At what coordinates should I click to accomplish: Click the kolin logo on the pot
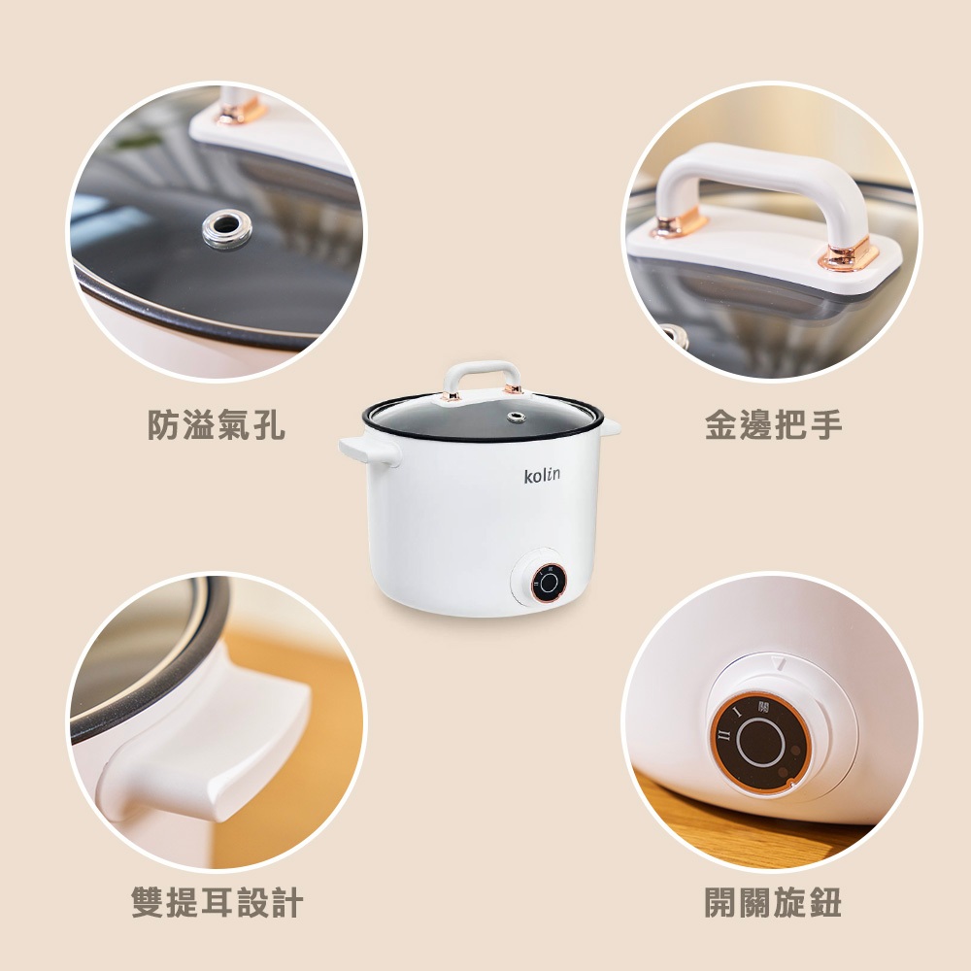point(542,475)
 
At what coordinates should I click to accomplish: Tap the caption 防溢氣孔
point(217,425)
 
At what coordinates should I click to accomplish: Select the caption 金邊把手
point(774,425)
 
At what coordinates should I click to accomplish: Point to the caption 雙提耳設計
point(217,902)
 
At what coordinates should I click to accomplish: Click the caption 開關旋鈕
point(773,902)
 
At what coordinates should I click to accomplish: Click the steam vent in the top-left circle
point(226,228)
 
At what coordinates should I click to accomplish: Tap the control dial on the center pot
point(548,582)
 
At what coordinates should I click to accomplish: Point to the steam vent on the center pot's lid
point(516,417)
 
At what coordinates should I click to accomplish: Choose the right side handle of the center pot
point(611,425)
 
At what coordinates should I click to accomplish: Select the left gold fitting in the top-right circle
point(679,221)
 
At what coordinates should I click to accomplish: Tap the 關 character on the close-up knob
point(763,707)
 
